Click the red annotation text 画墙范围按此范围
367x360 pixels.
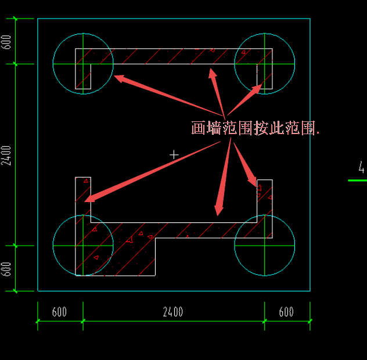[255, 128]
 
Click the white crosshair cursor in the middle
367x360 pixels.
[174, 154]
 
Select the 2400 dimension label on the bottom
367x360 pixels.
[172, 312]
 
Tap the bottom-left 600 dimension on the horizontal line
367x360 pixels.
[59, 312]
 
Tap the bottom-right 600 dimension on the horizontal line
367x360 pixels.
[286, 312]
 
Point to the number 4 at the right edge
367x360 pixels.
[361, 167]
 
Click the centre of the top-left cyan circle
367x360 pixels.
[83, 64]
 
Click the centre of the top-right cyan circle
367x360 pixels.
[265, 64]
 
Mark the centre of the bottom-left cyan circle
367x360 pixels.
[83, 246]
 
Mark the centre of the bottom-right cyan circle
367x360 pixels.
[265, 246]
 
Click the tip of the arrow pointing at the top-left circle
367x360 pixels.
[114, 75]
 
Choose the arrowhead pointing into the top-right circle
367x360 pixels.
[262, 85]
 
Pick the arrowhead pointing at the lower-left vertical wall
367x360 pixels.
[85, 201]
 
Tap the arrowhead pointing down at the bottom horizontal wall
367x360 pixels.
[218, 216]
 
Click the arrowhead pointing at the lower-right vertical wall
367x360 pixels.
[257, 187]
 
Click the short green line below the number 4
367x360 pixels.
[357, 181]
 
